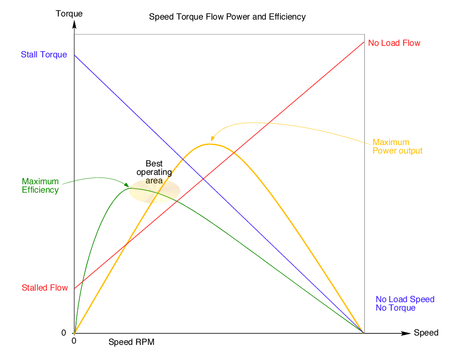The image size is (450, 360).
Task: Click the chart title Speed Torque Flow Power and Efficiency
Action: point(227,17)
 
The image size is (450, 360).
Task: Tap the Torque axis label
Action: point(69,14)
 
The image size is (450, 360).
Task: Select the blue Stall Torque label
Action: point(44,55)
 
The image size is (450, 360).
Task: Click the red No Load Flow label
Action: point(394,43)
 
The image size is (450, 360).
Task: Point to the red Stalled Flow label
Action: point(45,288)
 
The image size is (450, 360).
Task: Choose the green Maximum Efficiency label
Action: point(40,186)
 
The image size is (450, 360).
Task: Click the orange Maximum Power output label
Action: point(397,147)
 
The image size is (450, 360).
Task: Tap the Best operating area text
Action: point(154,172)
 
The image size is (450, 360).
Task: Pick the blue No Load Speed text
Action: point(405,299)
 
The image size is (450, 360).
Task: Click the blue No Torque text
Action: point(395,308)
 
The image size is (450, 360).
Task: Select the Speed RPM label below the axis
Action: point(131,342)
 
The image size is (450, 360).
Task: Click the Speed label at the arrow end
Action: point(426,333)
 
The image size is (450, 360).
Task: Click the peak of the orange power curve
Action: point(209,144)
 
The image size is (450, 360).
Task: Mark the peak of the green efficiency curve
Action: point(131,188)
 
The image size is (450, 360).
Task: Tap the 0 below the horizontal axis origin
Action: point(74,341)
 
